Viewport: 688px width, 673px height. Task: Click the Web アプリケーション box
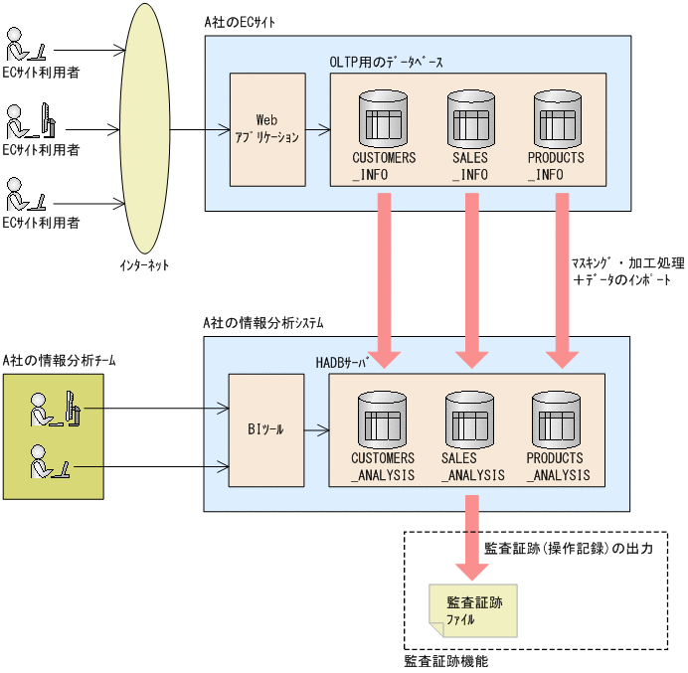point(265,129)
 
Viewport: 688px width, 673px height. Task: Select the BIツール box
point(265,430)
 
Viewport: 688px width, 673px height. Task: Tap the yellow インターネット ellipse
point(144,129)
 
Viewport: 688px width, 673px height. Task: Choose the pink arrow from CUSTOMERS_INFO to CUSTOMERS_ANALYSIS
point(384,278)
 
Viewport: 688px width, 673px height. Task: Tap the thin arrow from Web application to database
point(315,129)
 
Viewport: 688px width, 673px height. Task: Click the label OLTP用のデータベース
point(387,62)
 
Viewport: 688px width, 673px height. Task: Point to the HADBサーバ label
point(341,364)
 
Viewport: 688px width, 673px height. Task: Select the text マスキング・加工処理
point(627,263)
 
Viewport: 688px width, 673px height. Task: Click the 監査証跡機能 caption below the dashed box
point(446,660)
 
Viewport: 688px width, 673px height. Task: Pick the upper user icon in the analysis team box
point(54,408)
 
